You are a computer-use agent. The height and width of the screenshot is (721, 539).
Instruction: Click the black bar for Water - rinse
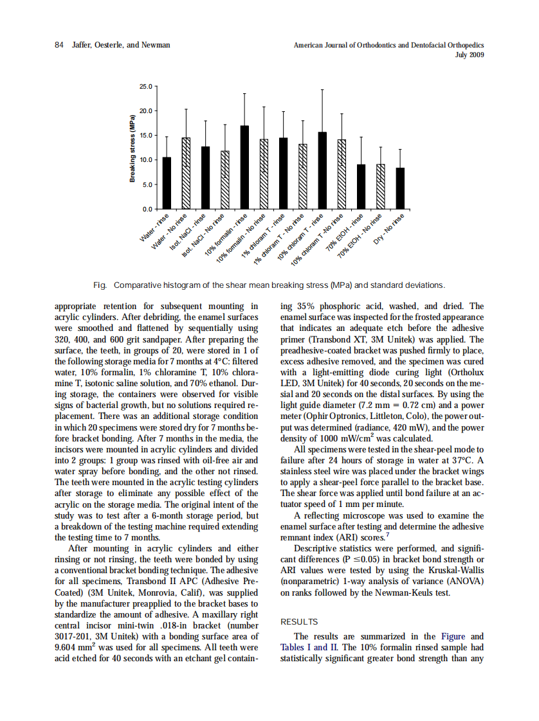(x=167, y=183)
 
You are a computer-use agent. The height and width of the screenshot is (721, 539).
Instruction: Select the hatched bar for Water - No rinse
(x=186, y=174)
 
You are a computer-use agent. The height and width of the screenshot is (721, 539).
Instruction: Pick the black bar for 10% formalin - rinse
(x=244, y=167)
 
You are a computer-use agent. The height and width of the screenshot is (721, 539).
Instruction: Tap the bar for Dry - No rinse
(x=400, y=188)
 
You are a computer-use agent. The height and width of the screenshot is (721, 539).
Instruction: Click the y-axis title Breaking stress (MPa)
(x=132, y=148)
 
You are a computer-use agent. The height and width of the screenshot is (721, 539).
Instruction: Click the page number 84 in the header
(x=59, y=45)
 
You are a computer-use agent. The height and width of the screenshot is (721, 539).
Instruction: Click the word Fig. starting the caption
(x=100, y=285)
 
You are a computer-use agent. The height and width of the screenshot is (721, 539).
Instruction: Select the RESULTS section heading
(x=299, y=622)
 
